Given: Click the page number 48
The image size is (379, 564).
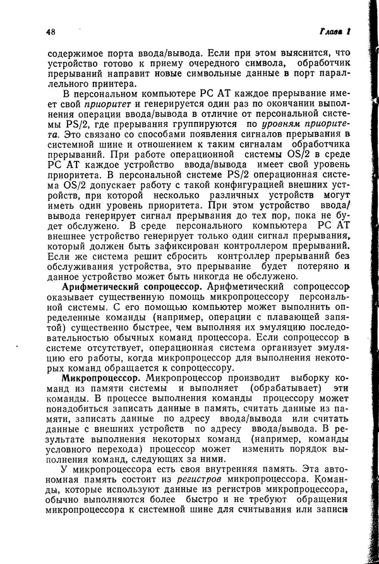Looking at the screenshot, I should (52, 32).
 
